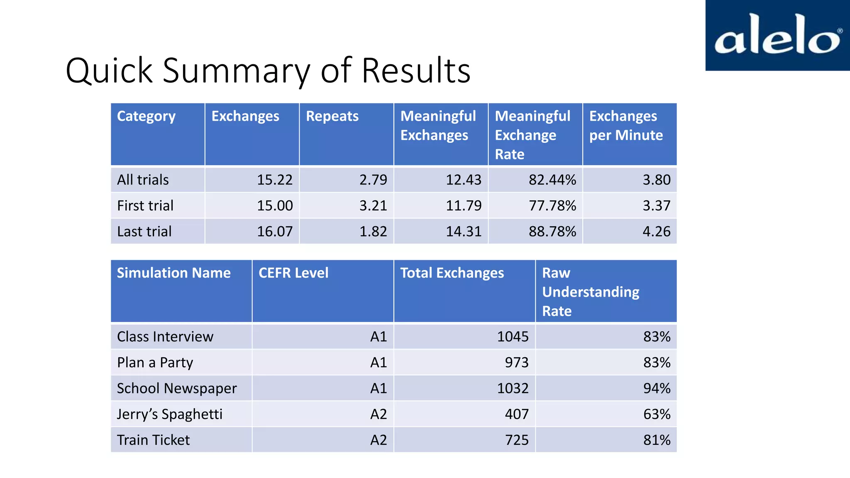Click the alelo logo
(x=777, y=35)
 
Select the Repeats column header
(x=332, y=116)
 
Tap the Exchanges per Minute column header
(x=626, y=126)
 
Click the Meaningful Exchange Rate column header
(x=532, y=135)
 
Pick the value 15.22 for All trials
(x=275, y=180)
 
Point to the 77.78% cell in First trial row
(x=552, y=205)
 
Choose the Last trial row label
(x=144, y=231)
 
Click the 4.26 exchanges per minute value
(x=656, y=231)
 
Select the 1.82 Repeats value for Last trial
(x=373, y=231)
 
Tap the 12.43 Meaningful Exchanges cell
(x=464, y=180)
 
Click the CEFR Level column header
(x=293, y=273)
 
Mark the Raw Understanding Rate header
(x=591, y=292)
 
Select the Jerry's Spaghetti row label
(x=170, y=414)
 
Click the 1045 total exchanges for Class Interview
(x=513, y=337)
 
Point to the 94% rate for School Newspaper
(x=657, y=388)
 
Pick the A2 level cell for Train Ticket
(x=379, y=440)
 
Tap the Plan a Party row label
(x=155, y=363)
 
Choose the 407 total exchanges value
(x=517, y=414)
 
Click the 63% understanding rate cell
(x=657, y=414)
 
